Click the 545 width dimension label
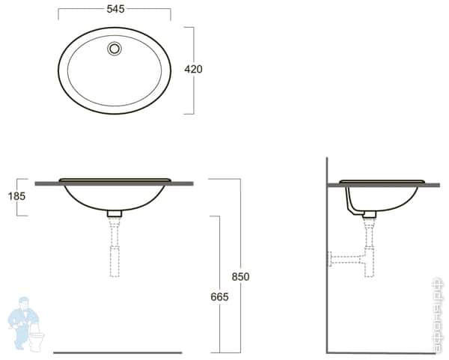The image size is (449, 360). tap(114, 9)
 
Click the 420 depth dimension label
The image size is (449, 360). tap(193, 69)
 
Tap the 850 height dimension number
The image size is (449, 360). tap(240, 276)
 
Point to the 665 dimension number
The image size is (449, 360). tap(219, 296)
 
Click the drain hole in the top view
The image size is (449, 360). tap(114, 49)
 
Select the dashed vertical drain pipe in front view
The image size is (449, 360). tap(114, 247)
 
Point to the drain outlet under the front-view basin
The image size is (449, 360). tap(114, 214)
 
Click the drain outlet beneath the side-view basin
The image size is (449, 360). tap(369, 214)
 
